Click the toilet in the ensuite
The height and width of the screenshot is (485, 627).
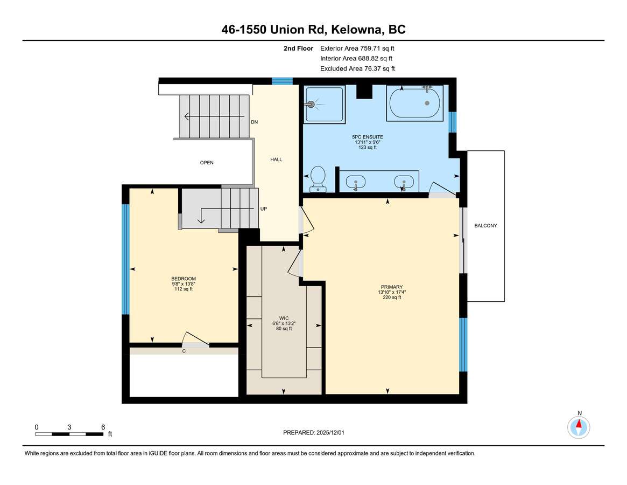point(318,179)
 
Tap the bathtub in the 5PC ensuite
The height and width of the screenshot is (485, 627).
point(414,103)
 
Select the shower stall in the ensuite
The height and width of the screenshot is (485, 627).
point(325,104)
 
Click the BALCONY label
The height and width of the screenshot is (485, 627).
point(485,226)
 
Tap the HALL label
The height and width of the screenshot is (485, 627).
point(276,160)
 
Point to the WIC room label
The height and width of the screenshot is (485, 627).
point(284,318)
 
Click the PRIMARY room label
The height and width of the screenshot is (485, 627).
point(391,287)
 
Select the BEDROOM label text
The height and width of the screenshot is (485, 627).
point(184,279)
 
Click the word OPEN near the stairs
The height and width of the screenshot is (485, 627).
point(207,163)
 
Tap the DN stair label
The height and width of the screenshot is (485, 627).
point(255,122)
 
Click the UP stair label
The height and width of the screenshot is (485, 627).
point(264,209)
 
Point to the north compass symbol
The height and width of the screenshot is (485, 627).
point(579,427)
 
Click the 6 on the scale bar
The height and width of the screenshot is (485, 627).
point(103,427)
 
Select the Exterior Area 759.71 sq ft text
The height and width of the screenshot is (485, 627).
point(357,48)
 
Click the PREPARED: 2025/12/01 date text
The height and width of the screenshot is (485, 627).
point(313,433)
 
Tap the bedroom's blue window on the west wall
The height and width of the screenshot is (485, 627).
point(125,260)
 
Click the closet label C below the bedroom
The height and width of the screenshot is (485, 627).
point(184,351)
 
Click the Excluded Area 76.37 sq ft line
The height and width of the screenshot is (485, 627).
point(357,68)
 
